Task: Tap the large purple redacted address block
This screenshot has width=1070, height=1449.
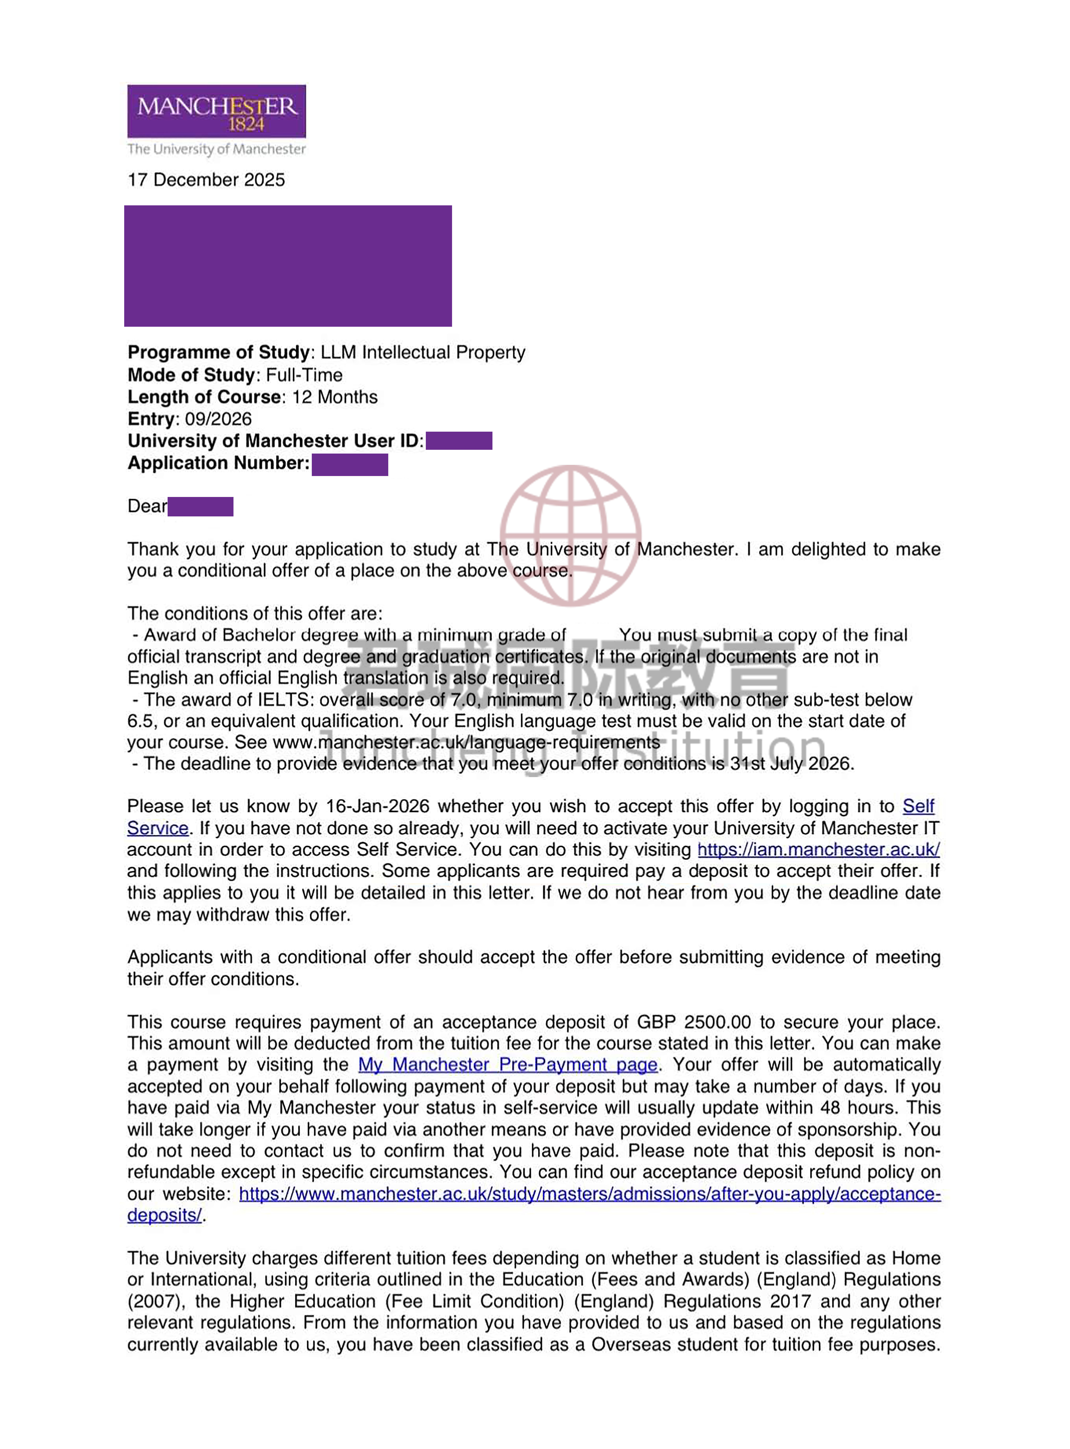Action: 288,266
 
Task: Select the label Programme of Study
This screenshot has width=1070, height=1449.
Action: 218,352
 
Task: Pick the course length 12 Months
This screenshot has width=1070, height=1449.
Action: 334,397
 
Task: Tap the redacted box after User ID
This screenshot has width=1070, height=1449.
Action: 459,441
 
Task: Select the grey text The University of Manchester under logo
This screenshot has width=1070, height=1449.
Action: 216,149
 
